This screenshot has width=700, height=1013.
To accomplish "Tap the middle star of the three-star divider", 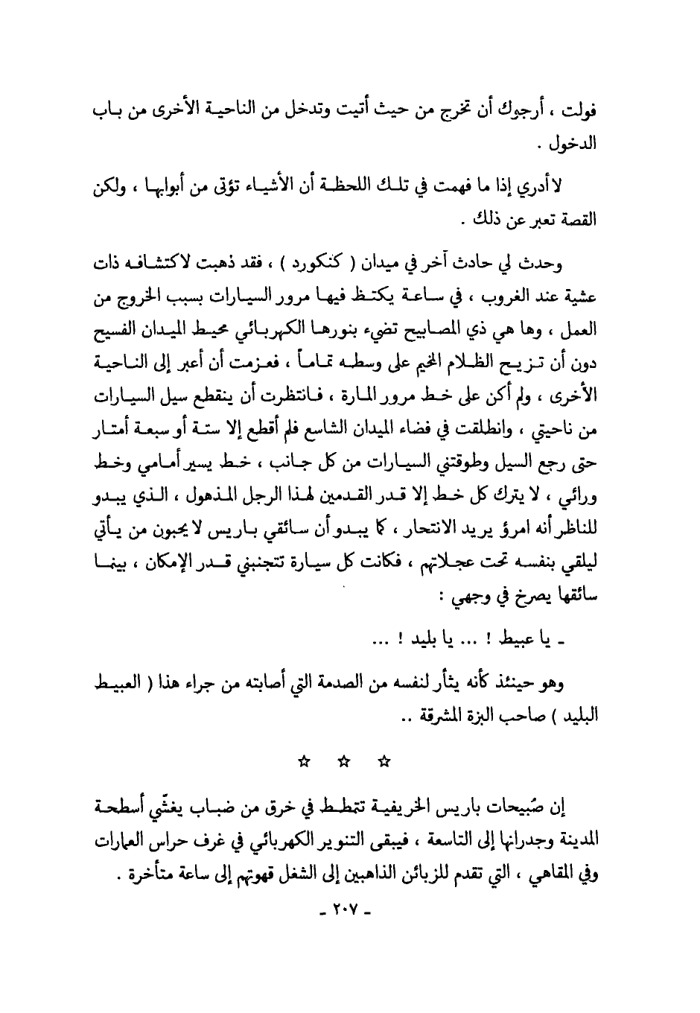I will pos(344,761).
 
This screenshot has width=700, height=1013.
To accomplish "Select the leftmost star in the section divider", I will pos(303,761).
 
